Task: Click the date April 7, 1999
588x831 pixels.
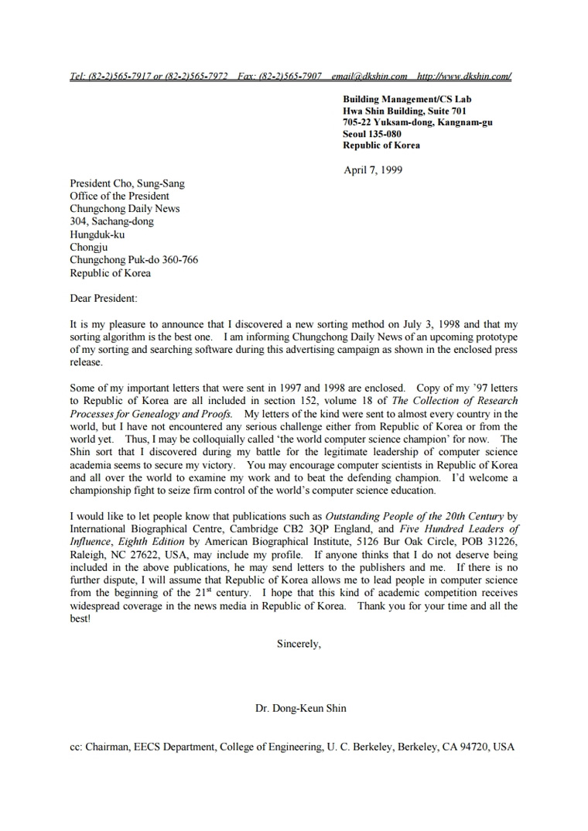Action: point(373,170)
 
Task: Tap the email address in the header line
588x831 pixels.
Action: point(369,77)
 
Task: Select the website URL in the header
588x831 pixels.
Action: point(464,77)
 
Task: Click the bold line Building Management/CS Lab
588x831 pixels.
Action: point(407,99)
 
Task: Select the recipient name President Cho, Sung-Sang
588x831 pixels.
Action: point(127,184)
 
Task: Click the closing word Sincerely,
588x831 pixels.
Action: point(298,644)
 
